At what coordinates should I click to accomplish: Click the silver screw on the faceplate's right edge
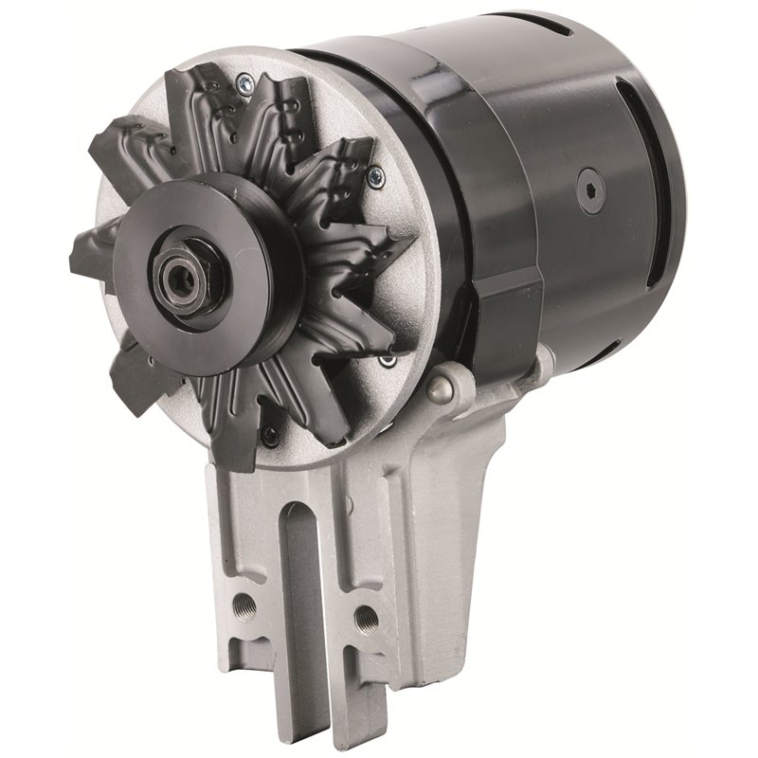point(376,174)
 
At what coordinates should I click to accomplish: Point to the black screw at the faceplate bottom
point(271,435)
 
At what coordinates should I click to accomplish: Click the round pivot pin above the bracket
point(438,388)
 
